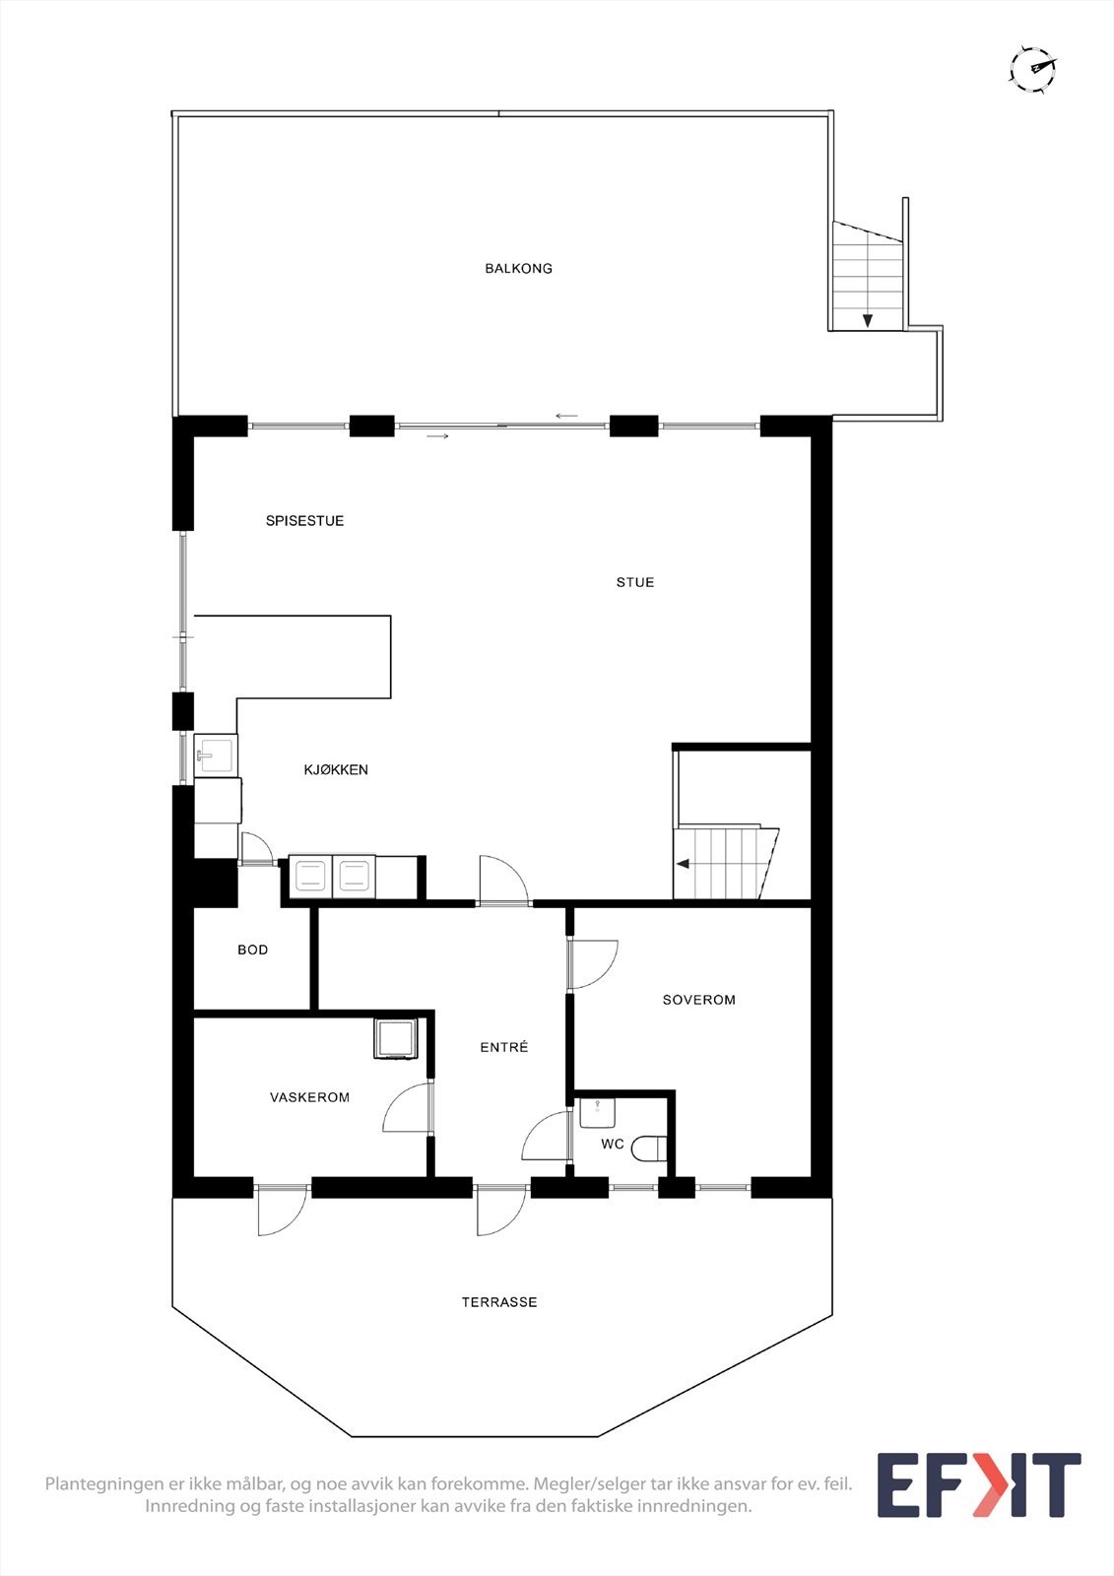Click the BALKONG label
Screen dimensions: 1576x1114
pos(518,268)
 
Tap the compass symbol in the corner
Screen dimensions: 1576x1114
pos(1032,69)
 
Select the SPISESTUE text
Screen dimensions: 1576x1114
pos(304,521)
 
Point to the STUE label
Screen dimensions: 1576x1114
pos(635,582)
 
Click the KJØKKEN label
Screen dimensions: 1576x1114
pos(336,770)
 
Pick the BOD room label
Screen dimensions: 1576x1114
pos(253,950)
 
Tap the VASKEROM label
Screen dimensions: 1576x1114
pos(309,1097)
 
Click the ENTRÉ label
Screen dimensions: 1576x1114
pos(504,1047)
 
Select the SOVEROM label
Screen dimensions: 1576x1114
pos(699,1000)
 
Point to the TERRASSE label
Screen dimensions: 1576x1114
pos(499,1302)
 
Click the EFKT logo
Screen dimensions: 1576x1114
pos(978,1485)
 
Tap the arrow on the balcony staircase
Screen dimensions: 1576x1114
pos(868,320)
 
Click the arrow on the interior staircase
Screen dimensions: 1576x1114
pos(683,864)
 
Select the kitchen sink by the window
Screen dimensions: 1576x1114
pos(215,755)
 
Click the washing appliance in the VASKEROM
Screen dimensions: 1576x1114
pos(396,1039)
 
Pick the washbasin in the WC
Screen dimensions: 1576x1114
pos(597,1113)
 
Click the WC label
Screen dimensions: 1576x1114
pos(613,1145)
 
